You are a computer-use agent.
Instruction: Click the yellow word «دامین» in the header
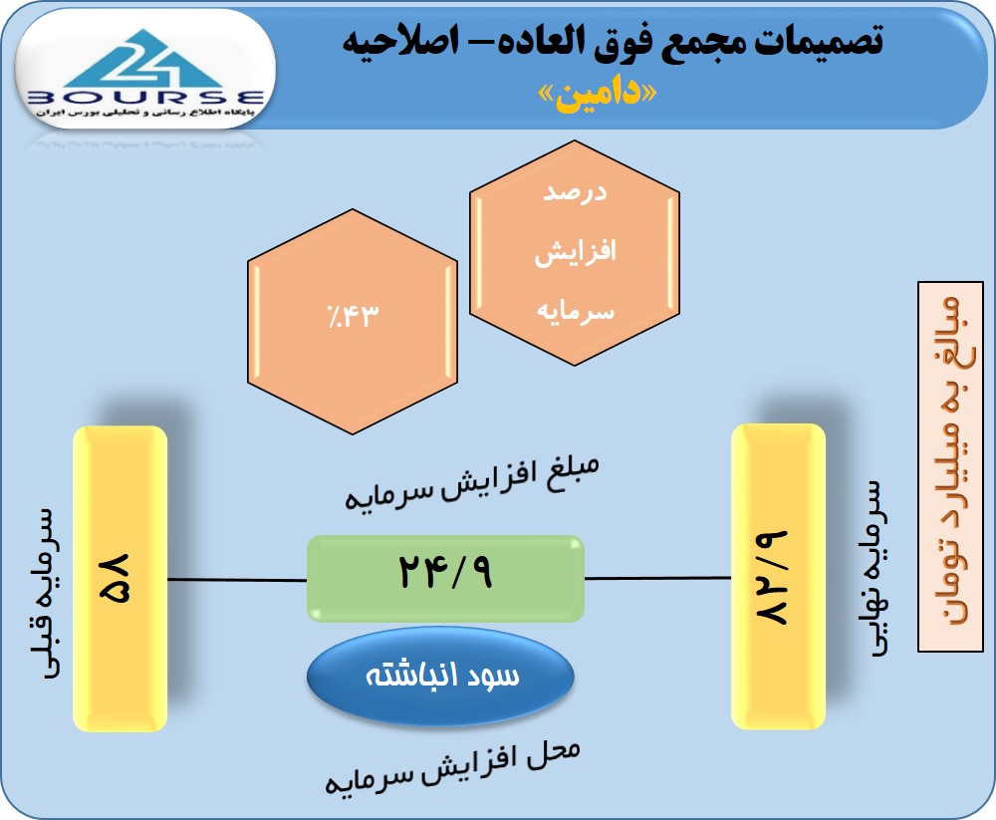coord(597,95)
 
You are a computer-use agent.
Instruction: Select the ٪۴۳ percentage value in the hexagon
coord(353,315)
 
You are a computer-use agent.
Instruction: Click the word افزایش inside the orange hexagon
coord(575,252)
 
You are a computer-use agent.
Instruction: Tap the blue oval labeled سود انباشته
coord(440,676)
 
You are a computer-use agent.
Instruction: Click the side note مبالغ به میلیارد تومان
coord(951,466)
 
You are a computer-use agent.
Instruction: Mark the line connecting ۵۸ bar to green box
coord(237,580)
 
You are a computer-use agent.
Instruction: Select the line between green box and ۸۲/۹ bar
coord(658,578)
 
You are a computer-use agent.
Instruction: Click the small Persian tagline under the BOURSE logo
coord(145,113)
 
